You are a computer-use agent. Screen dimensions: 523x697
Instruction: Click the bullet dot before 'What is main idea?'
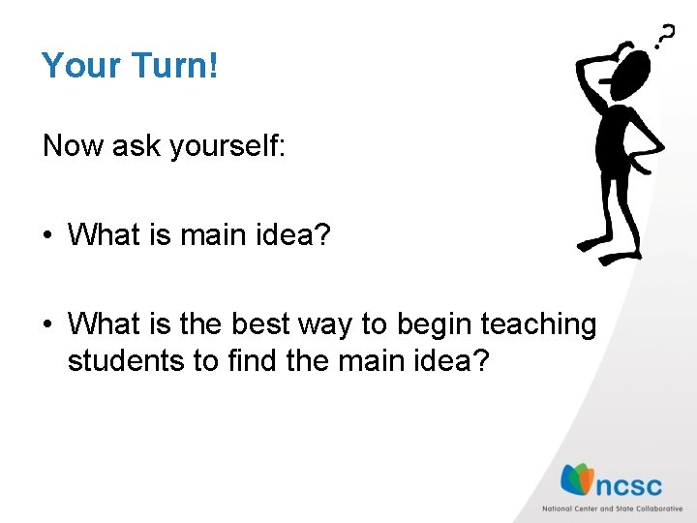(48, 235)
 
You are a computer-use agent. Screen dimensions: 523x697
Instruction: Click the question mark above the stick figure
(665, 36)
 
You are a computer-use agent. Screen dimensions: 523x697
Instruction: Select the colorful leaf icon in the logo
(577, 479)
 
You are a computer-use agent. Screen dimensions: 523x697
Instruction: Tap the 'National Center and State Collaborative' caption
(611, 508)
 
